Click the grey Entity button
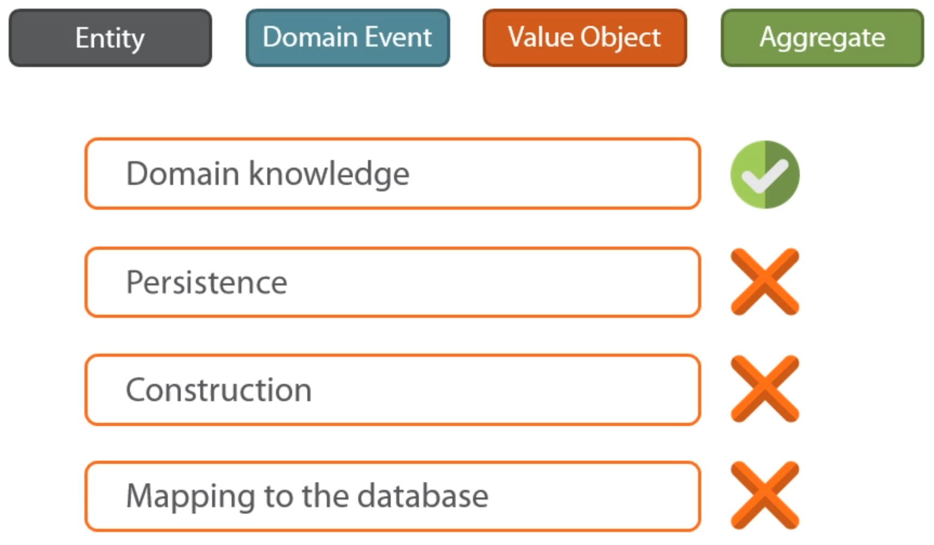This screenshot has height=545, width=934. coord(110,38)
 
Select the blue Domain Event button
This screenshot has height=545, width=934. coord(347,38)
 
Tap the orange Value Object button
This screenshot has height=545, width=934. coord(584,38)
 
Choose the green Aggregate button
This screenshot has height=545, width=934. coord(822,38)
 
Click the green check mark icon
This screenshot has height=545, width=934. coord(765,175)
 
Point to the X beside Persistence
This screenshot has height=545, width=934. coord(765,282)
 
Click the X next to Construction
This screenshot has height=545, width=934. coord(765,389)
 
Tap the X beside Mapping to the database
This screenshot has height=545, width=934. coord(765,495)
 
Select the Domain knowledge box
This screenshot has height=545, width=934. coord(393,174)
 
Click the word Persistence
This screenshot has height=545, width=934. coord(206,282)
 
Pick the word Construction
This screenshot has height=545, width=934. coord(219,389)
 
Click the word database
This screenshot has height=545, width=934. coord(423,495)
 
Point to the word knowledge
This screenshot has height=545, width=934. coord(329,174)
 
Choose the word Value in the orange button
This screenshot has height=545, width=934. coord(541,37)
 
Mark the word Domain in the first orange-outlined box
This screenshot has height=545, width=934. coord(183,174)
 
